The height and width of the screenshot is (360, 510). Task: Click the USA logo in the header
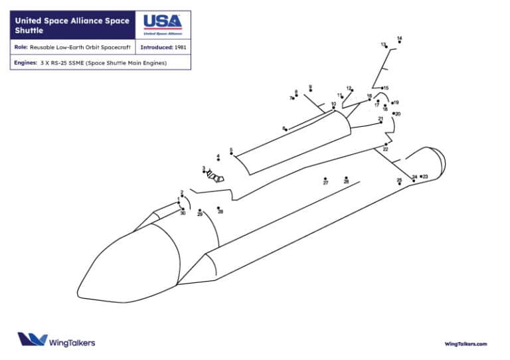pos(163,25)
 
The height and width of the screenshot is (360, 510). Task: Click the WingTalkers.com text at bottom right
pos(466,343)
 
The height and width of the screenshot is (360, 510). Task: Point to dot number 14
pos(399,42)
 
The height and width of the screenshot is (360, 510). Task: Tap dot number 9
pos(310,90)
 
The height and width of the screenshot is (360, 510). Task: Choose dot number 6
pos(286,129)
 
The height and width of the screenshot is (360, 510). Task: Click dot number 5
pos(231,153)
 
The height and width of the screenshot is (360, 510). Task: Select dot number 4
pos(218,160)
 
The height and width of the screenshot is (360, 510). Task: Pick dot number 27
pos(325,179)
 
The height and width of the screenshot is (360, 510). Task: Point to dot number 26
pos(346,178)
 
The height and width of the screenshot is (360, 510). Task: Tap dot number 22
pos(386,144)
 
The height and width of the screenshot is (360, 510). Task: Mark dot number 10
pos(333,108)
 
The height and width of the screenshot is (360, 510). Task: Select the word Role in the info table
pos(20,48)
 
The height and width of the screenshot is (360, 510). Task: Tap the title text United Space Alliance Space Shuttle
pos(72,25)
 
